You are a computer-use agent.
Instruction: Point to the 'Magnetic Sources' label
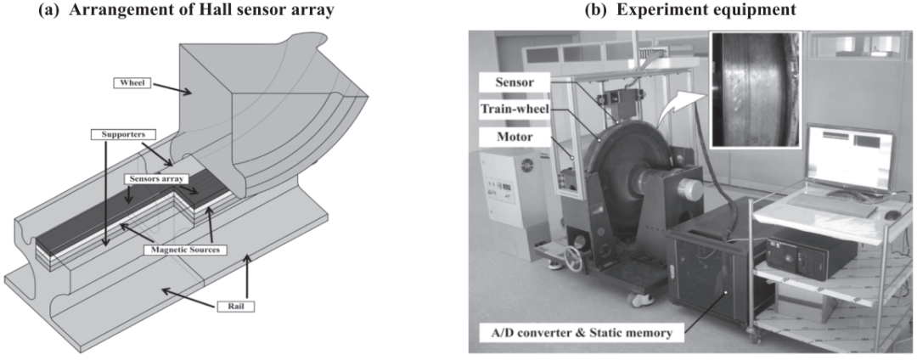pos(185,250)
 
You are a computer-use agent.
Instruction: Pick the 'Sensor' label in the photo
pos(513,82)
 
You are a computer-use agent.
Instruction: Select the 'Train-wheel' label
pos(513,109)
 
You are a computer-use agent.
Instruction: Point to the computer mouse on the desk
pos(892,215)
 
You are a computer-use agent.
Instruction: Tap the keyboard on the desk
pos(828,205)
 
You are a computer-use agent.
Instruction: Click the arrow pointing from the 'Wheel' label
pos(171,87)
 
